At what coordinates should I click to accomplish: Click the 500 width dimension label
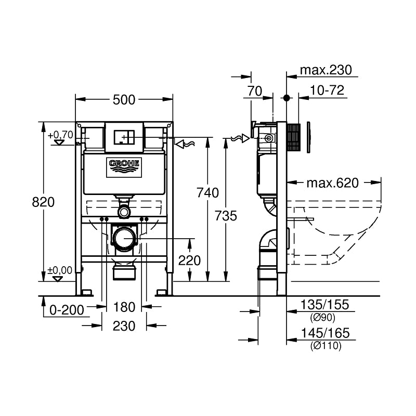(124, 100)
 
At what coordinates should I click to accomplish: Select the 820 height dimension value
(43, 202)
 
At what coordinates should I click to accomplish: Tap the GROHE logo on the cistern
(124, 165)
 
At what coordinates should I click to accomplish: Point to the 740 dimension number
(207, 193)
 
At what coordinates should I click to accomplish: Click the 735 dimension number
(226, 215)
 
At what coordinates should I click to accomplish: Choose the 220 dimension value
(189, 261)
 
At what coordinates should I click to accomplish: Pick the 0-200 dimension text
(67, 310)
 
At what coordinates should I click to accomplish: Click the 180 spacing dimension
(124, 307)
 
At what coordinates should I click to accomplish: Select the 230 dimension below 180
(124, 326)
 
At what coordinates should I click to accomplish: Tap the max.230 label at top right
(326, 70)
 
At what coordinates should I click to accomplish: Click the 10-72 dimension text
(327, 90)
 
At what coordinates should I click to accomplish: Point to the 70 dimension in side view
(254, 90)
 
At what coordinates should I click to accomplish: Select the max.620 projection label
(332, 183)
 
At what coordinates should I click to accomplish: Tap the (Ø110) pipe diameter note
(326, 346)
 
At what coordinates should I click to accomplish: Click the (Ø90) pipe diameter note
(323, 318)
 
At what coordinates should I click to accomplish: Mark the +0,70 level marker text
(60, 135)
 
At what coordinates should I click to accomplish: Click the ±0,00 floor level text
(60, 270)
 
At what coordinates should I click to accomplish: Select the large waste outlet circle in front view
(124, 239)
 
